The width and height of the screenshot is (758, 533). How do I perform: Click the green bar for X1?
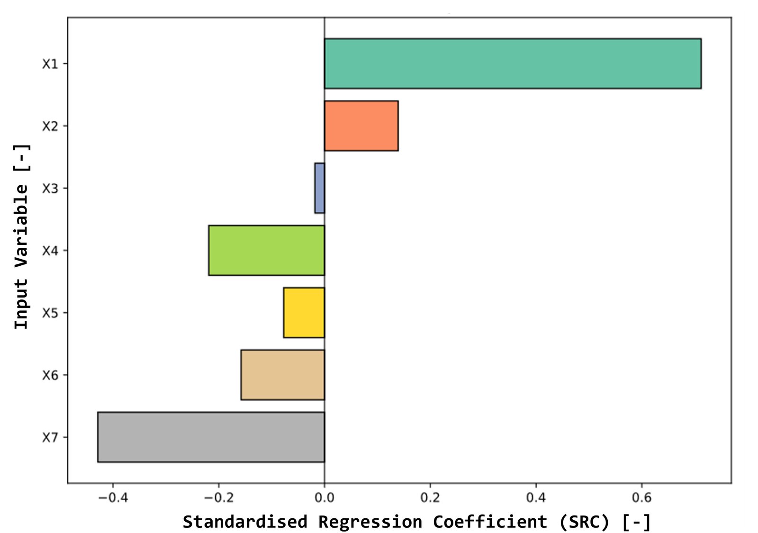click(x=513, y=63)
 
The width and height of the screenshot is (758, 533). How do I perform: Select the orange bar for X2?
click(x=361, y=126)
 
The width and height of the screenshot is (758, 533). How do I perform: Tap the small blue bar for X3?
click(x=320, y=188)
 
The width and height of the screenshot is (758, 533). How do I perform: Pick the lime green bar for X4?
click(x=267, y=251)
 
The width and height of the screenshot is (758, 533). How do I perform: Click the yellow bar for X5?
click(x=304, y=313)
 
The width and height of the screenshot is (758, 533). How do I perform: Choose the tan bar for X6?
click(x=283, y=375)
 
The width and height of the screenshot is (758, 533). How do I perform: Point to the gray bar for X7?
click(x=211, y=437)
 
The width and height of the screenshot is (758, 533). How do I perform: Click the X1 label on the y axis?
click(x=50, y=63)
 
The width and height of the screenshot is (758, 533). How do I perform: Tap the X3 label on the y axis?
click(x=50, y=188)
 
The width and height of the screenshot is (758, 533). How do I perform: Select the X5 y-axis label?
click(x=50, y=313)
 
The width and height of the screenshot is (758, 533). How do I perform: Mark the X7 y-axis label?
click(x=50, y=438)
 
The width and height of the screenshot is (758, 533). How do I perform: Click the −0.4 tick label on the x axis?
click(x=113, y=497)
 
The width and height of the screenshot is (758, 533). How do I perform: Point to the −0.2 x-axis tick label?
click(x=218, y=497)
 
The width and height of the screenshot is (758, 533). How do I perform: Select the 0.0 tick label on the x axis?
click(x=325, y=497)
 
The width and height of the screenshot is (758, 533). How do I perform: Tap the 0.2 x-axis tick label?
click(x=430, y=497)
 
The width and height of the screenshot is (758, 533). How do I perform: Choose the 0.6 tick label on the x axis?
click(x=641, y=497)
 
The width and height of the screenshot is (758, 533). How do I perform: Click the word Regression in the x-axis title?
click(x=370, y=522)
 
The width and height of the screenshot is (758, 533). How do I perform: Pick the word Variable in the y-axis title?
click(x=21, y=230)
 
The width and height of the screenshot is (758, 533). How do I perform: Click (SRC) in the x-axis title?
click(x=585, y=522)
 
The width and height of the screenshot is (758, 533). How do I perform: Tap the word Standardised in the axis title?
click(x=245, y=522)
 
